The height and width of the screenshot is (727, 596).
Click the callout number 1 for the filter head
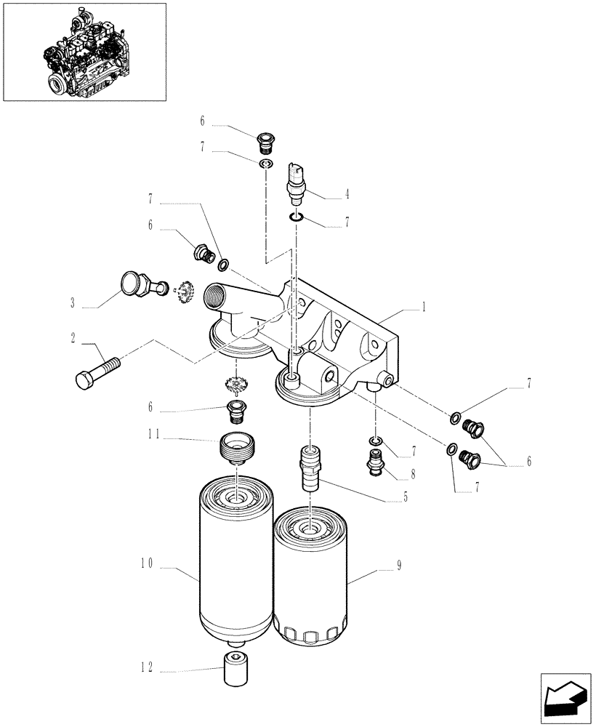(424, 308)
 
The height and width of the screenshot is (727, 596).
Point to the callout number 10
(145, 562)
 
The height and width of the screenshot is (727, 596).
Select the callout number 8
(413, 473)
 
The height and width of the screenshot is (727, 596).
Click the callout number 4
(347, 194)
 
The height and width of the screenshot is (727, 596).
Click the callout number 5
(406, 498)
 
